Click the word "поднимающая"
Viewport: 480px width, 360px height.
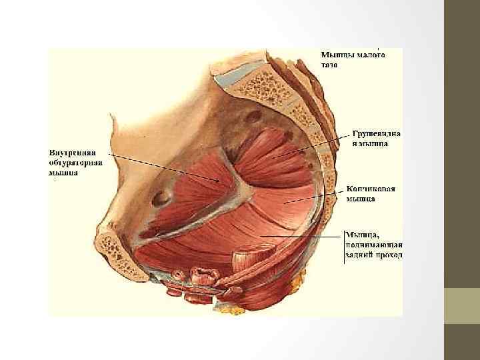point(374,244)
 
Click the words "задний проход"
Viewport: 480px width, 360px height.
point(373,255)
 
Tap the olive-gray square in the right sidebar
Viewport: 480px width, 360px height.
point(461,306)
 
